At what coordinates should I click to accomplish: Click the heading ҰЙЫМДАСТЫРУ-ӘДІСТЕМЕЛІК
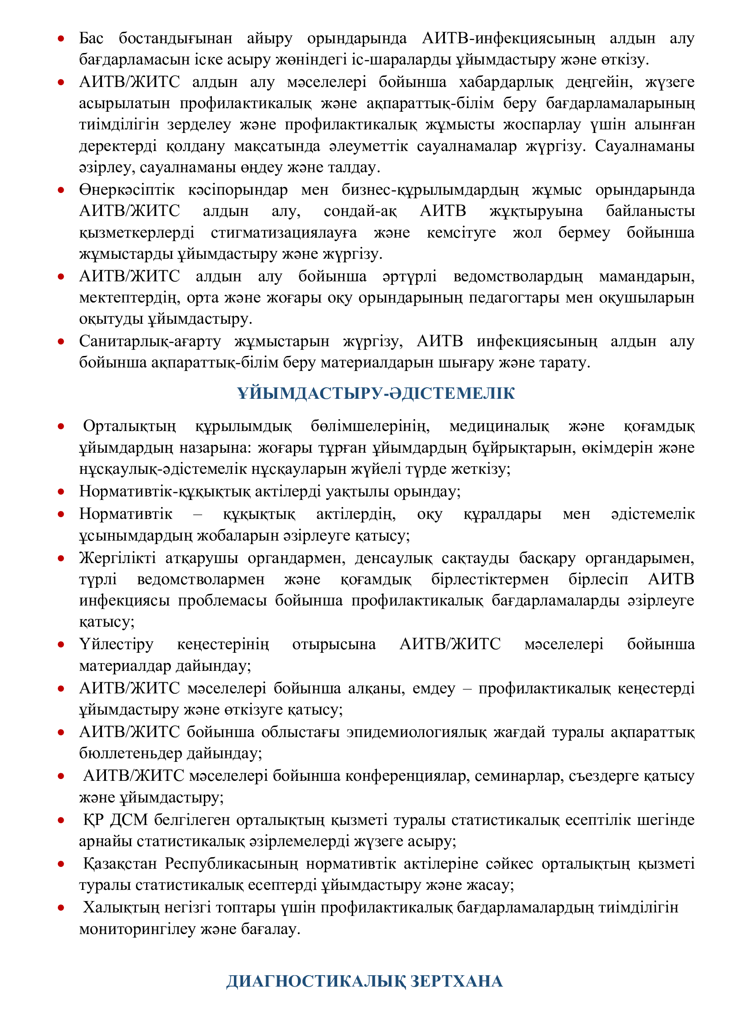(x=376, y=394)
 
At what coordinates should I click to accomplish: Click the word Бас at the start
(x=91, y=38)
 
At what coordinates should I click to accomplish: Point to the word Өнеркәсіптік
(x=127, y=190)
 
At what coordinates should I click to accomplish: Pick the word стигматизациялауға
(x=284, y=233)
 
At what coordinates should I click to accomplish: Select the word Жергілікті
(x=117, y=558)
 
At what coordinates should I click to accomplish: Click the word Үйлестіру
(x=117, y=644)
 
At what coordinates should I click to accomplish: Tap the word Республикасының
(x=231, y=864)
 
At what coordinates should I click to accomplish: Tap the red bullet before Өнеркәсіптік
(x=61, y=190)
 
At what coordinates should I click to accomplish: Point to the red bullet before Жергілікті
(x=61, y=558)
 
